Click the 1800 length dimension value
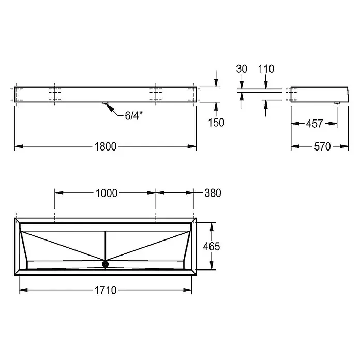[x=106, y=146]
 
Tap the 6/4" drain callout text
[x=133, y=116]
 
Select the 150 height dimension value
[x=216, y=123]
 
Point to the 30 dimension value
[x=242, y=69]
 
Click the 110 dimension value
[x=266, y=69]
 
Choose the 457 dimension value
[x=314, y=124]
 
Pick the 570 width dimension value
[x=322, y=146]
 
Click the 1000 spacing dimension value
[x=107, y=193]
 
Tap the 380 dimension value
[x=213, y=193]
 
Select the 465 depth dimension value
[x=212, y=246]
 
